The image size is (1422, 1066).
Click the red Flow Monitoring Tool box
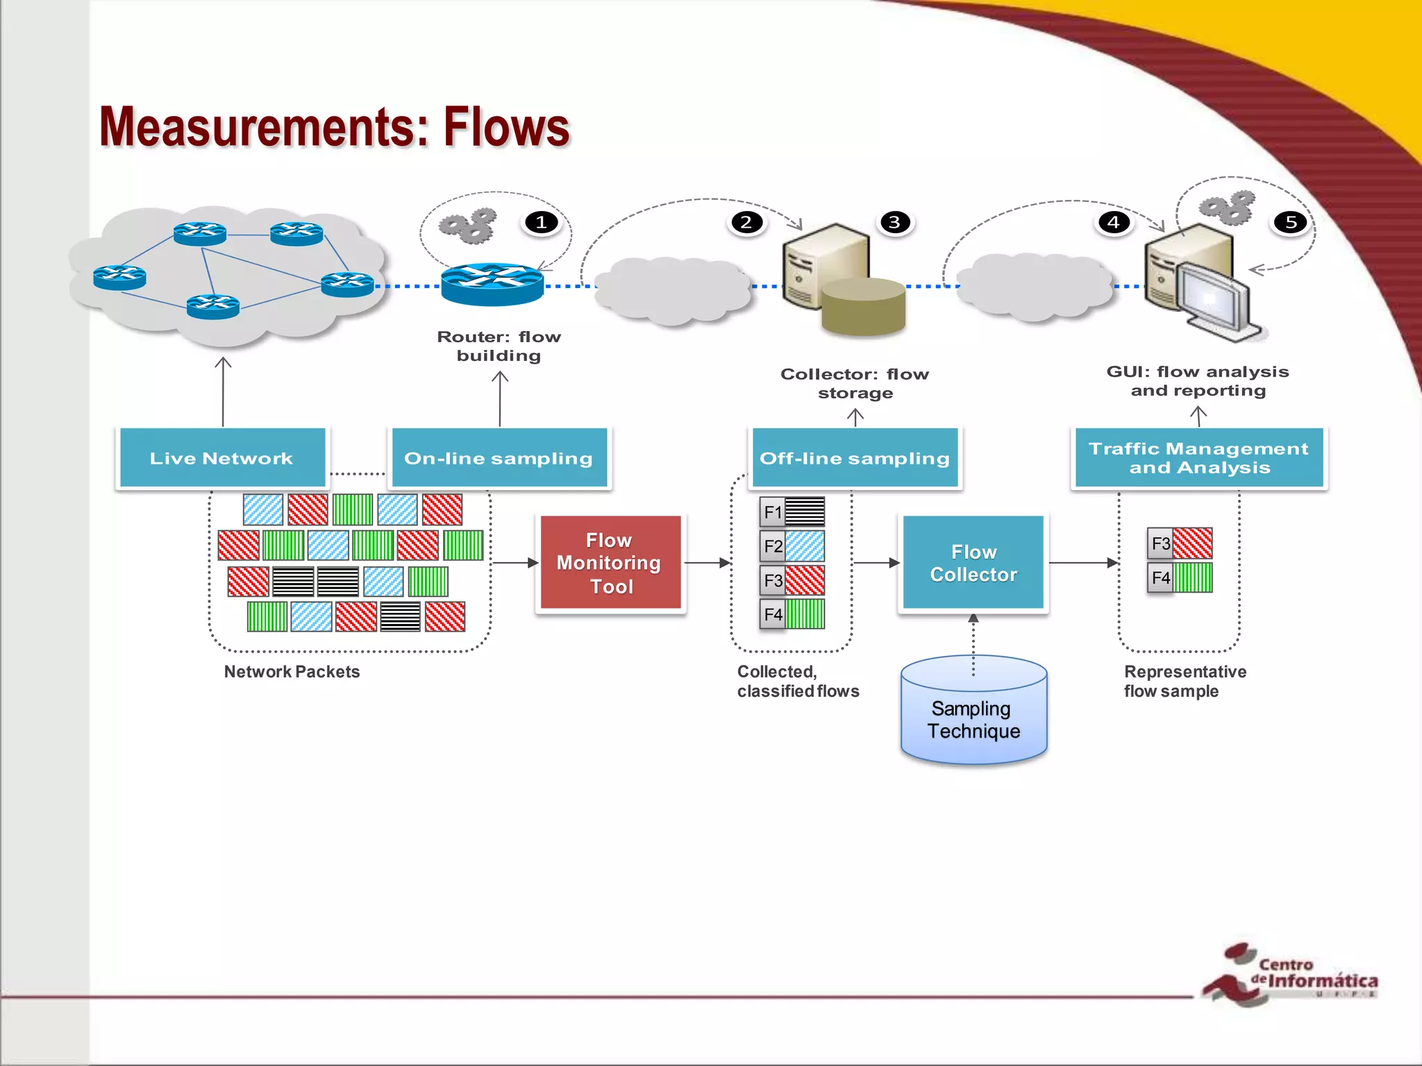(610, 562)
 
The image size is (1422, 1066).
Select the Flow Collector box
(973, 562)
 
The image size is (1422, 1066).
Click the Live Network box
(222, 458)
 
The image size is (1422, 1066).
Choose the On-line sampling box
(499, 458)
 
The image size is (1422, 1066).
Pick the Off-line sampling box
(855, 458)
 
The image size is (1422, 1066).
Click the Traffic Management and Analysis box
(1198, 458)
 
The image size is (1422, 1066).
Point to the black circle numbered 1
(541, 222)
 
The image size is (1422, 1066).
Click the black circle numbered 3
(894, 222)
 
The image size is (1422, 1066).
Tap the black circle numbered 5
(1291, 222)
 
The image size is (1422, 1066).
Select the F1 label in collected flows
(772, 512)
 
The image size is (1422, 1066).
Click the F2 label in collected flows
(772, 546)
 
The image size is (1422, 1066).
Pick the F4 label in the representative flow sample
(1160, 577)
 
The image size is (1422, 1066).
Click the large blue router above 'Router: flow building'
(492, 285)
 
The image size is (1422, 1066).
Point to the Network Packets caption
(292, 672)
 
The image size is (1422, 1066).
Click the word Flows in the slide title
(506, 128)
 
